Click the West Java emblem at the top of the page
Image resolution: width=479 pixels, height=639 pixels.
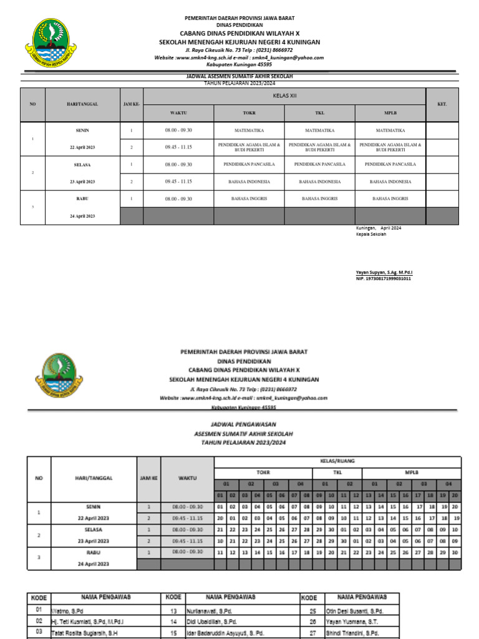tap(51, 44)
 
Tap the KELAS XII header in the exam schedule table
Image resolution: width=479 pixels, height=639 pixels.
tap(284, 96)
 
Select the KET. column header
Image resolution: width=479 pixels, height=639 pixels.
tap(442, 104)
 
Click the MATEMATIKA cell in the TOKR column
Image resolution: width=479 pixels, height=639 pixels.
tap(249, 130)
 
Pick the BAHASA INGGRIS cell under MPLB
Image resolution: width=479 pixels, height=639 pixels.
tap(390, 198)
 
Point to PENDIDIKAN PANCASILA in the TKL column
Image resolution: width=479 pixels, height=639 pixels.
tap(319, 164)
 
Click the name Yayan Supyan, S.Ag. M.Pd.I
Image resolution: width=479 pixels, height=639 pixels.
tap(384, 273)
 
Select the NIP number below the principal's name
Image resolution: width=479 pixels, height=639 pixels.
tap(384, 278)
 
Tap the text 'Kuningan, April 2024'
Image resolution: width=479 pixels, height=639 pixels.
tap(379, 228)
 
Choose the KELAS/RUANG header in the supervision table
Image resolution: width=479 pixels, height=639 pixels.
tap(337, 461)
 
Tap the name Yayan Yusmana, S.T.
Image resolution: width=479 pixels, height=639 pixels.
tap(347, 621)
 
